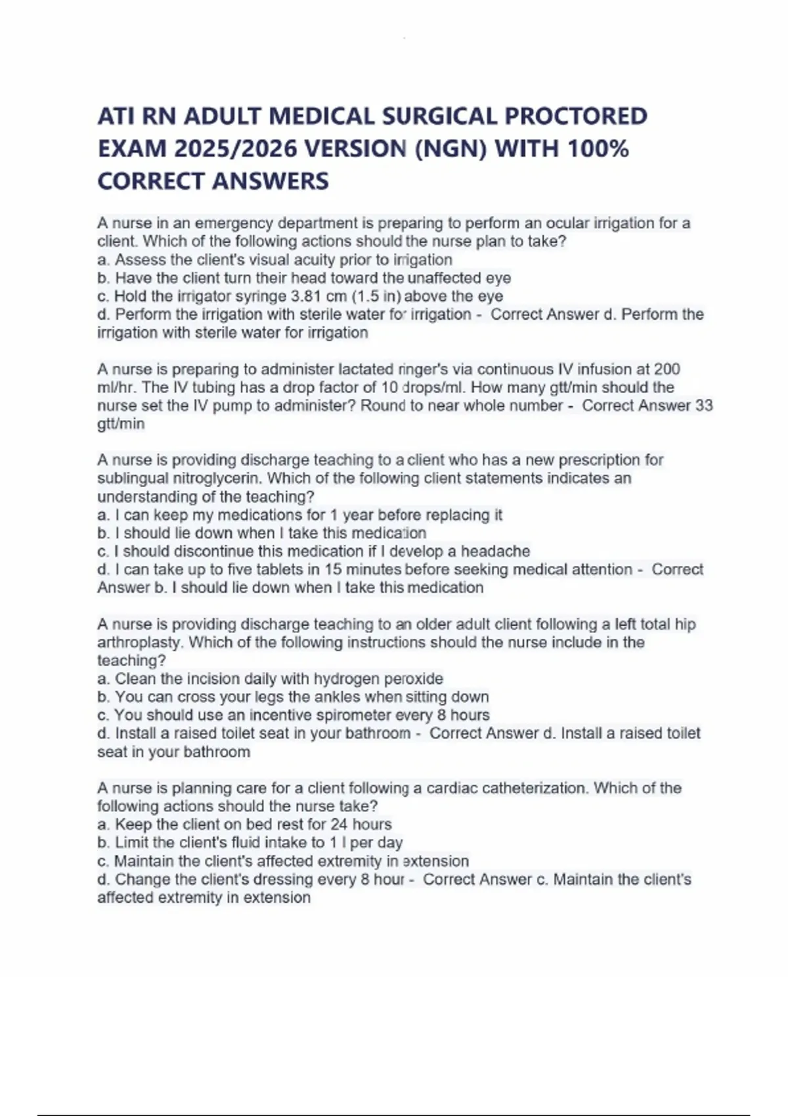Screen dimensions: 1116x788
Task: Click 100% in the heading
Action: tap(598, 149)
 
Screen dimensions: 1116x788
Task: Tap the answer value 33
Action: tap(703, 406)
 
